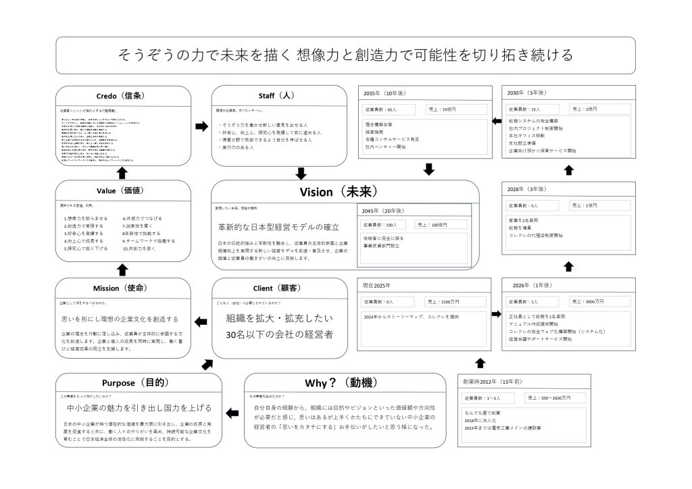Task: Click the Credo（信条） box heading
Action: click(122, 95)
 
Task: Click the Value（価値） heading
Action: click(122, 191)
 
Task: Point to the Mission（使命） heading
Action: click(122, 288)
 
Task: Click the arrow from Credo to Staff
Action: click(201, 126)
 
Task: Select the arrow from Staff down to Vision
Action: click(301, 173)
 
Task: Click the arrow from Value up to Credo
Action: click(122, 173)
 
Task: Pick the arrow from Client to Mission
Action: click(201, 321)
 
